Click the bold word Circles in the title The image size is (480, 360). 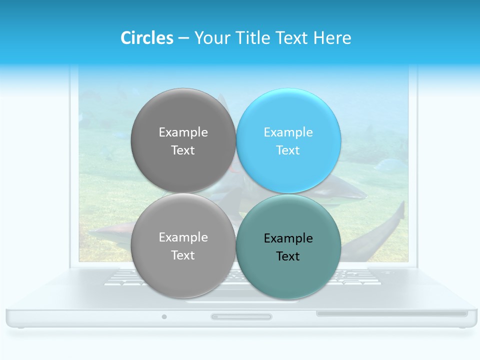[146, 38]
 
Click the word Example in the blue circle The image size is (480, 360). [288, 132]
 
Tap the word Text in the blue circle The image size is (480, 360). [288, 150]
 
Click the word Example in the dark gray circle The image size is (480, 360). [183, 132]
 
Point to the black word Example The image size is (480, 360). [288, 238]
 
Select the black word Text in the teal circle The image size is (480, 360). [288, 256]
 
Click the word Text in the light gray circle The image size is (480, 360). [183, 255]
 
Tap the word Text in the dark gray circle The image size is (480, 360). [183, 150]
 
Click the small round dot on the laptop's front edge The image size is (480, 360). [164, 316]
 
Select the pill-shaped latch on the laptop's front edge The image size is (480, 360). [241, 316]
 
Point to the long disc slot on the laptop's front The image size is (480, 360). [391, 313]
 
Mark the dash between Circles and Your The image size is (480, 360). [183, 38]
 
